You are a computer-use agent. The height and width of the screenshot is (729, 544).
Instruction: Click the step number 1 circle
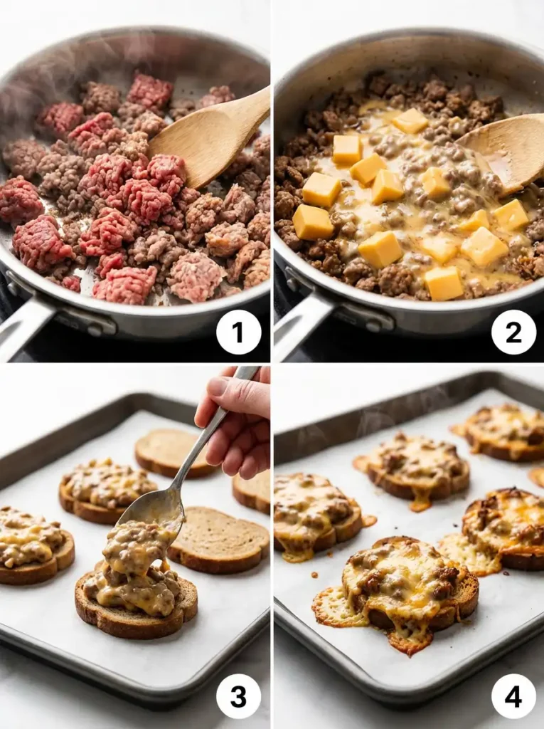[238, 332]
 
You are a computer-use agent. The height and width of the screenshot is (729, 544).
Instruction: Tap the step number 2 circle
[513, 332]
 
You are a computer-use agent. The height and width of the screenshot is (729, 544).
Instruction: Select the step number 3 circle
[238, 696]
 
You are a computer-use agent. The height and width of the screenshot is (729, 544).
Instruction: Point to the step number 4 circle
[513, 696]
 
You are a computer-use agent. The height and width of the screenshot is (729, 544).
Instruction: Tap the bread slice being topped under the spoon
[135, 598]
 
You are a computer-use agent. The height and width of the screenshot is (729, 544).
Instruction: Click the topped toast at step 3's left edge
[32, 545]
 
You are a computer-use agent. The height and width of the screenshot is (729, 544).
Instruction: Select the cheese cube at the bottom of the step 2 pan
[444, 283]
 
